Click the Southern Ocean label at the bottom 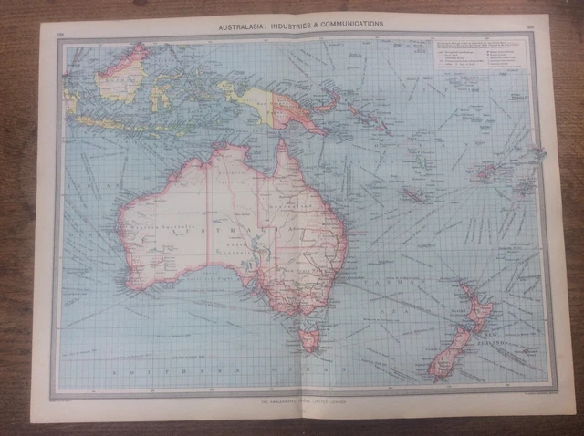click(x=219, y=373)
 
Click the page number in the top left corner click(x=60, y=34)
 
